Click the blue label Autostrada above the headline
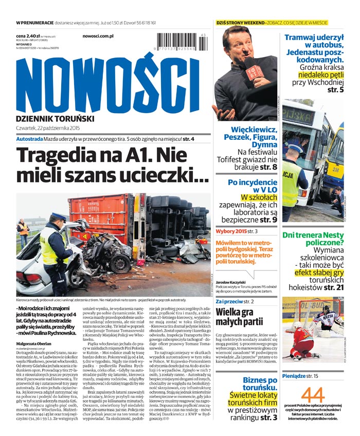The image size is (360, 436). click(x=29, y=139)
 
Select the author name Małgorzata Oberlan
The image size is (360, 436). click(x=37, y=343)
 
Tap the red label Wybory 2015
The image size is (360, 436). click(x=231, y=231)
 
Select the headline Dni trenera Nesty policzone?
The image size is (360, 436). click(x=313, y=240)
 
